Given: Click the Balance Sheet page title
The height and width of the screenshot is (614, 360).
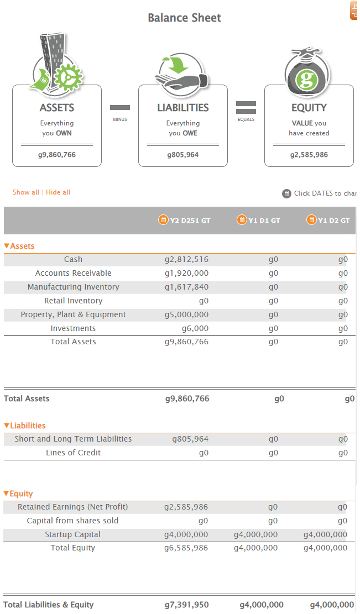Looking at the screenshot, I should (184, 18).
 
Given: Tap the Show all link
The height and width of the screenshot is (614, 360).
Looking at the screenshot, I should (26, 192).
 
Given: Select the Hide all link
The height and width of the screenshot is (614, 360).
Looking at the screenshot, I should (58, 192).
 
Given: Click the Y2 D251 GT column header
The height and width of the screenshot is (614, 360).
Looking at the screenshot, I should (185, 220).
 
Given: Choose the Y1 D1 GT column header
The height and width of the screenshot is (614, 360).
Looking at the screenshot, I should (259, 220).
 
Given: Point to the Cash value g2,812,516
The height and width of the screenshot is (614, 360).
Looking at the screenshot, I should (186, 259).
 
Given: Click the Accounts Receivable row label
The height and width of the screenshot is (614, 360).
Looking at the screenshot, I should (73, 273).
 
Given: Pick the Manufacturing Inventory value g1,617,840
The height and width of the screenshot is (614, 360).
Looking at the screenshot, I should (186, 287).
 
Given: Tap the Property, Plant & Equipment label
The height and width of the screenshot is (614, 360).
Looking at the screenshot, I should (73, 314).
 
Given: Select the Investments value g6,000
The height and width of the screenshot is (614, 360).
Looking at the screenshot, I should (195, 328).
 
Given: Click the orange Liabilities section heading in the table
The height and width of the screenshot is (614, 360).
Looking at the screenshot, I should (25, 426).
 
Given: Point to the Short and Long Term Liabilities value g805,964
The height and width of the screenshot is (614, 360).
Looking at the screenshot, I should (190, 439).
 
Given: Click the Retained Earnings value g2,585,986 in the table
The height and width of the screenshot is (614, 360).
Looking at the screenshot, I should (186, 507).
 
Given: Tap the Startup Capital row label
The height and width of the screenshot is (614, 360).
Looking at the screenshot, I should (73, 534).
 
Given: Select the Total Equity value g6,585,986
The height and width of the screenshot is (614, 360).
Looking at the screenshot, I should (186, 548).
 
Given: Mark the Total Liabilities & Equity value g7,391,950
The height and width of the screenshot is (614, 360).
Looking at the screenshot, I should (187, 605).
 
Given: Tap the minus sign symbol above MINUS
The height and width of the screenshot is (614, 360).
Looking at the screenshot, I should (120, 107).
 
